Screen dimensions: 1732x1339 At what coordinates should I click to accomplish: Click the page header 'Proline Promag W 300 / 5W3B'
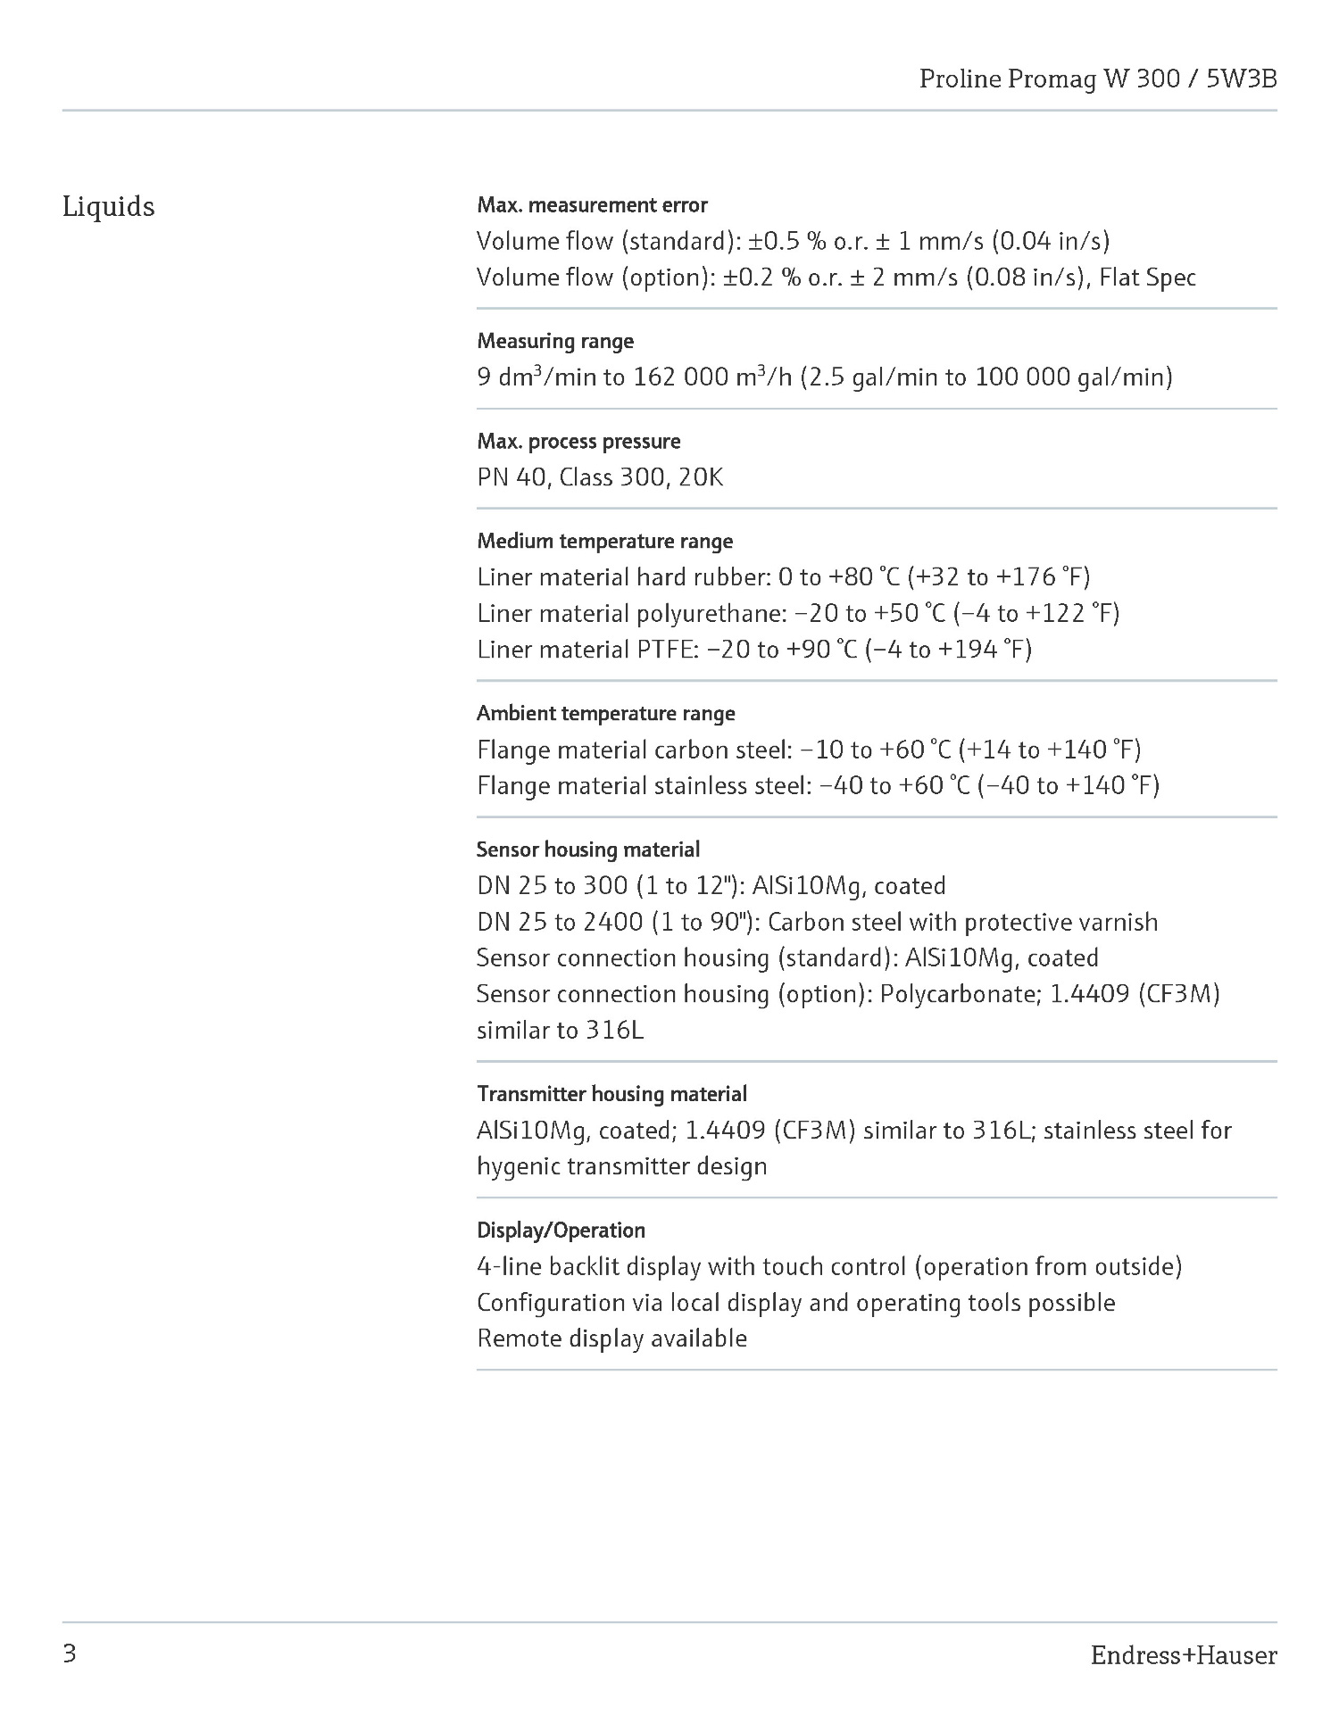click(x=1097, y=79)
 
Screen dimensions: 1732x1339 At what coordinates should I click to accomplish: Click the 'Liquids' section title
click(x=108, y=207)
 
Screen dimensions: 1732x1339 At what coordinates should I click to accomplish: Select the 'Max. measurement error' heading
click(x=592, y=205)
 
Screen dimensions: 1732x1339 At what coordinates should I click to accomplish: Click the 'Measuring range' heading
click(x=555, y=341)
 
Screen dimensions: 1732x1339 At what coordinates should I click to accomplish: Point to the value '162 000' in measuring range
click(x=680, y=377)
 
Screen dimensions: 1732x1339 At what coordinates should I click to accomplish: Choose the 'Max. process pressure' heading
click(x=578, y=442)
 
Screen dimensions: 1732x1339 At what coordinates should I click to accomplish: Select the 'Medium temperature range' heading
click(x=604, y=542)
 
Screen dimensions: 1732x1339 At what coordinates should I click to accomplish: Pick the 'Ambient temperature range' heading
click(x=605, y=714)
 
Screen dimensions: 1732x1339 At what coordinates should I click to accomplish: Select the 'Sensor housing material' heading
click(x=587, y=849)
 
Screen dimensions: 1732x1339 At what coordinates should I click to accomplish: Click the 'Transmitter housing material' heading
click(x=611, y=1094)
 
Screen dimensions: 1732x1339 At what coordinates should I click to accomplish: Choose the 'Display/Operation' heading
click(x=561, y=1231)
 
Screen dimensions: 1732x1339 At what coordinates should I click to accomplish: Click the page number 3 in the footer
click(x=70, y=1655)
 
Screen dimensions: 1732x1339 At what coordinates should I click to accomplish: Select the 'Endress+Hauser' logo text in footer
click(x=1183, y=1656)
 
